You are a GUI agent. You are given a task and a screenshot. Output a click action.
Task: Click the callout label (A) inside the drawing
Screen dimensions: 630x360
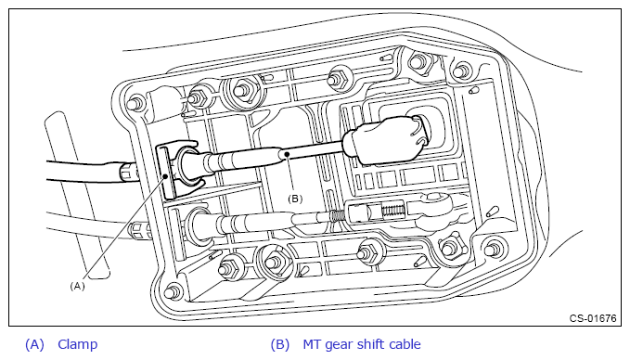click(x=78, y=286)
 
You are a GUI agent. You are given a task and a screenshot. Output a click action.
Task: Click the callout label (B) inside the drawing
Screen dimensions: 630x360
click(x=295, y=199)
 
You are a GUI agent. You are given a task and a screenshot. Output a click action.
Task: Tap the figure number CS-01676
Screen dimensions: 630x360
click(x=593, y=318)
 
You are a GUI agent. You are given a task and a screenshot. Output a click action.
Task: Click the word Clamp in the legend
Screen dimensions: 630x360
click(x=78, y=344)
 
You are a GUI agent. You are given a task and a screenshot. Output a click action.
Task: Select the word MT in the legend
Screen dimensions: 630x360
click(x=312, y=344)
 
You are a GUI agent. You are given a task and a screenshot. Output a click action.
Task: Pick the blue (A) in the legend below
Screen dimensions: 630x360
click(x=34, y=345)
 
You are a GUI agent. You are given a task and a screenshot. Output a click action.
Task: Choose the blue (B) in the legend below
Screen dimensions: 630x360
click(x=280, y=345)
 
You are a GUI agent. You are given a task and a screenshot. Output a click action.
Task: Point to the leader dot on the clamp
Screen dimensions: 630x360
click(x=165, y=176)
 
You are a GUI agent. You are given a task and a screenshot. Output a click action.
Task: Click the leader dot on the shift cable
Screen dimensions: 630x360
click(x=287, y=154)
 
